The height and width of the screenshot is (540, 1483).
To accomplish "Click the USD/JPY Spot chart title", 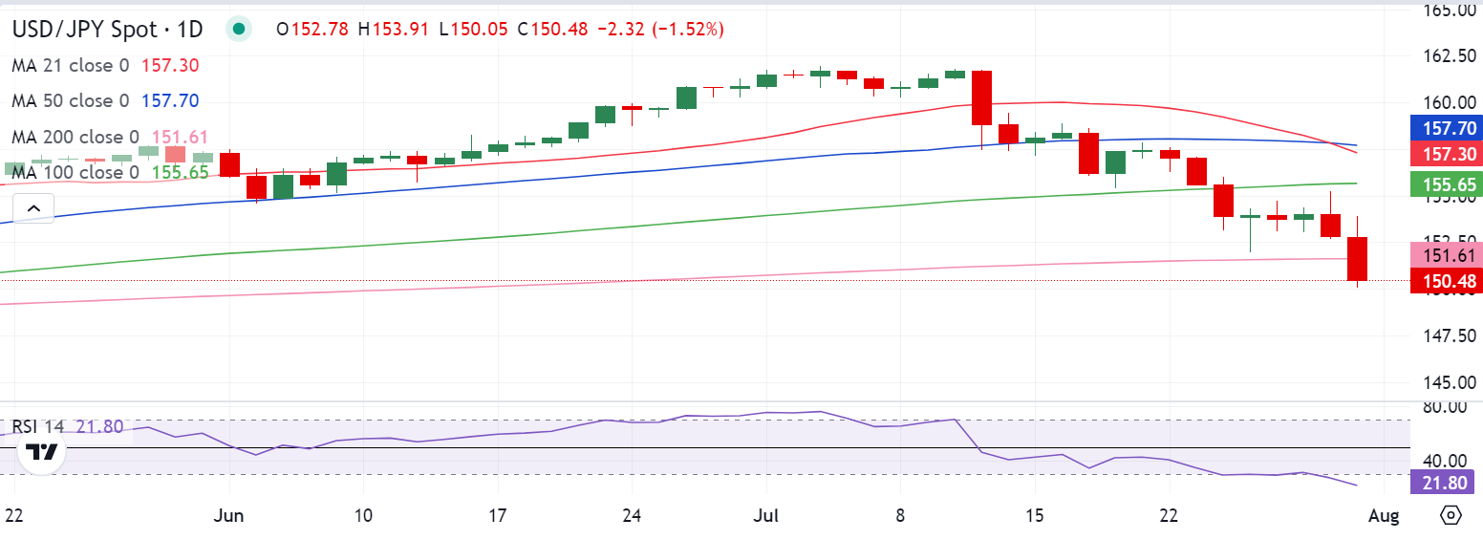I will point(106,30).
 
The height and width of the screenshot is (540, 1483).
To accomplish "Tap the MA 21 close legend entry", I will point(73,65).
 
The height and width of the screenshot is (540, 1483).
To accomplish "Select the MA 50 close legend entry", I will point(73,100).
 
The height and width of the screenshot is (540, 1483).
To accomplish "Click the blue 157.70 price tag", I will point(1446,128).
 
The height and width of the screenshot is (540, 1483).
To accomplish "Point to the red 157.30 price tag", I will point(1446,153).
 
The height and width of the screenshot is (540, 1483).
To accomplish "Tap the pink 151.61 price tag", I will point(1446,254).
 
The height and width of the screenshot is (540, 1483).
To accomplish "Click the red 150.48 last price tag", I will point(1446,280).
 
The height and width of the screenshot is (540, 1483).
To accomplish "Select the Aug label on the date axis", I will point(1384,516).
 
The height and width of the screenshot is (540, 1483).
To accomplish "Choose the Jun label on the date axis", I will point(229,516).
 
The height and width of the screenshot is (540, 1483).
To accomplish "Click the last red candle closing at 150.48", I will point(1358,259).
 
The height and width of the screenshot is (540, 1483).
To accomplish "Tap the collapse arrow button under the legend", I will point(33,207).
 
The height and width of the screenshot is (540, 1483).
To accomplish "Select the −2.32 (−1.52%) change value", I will point(660,30).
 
